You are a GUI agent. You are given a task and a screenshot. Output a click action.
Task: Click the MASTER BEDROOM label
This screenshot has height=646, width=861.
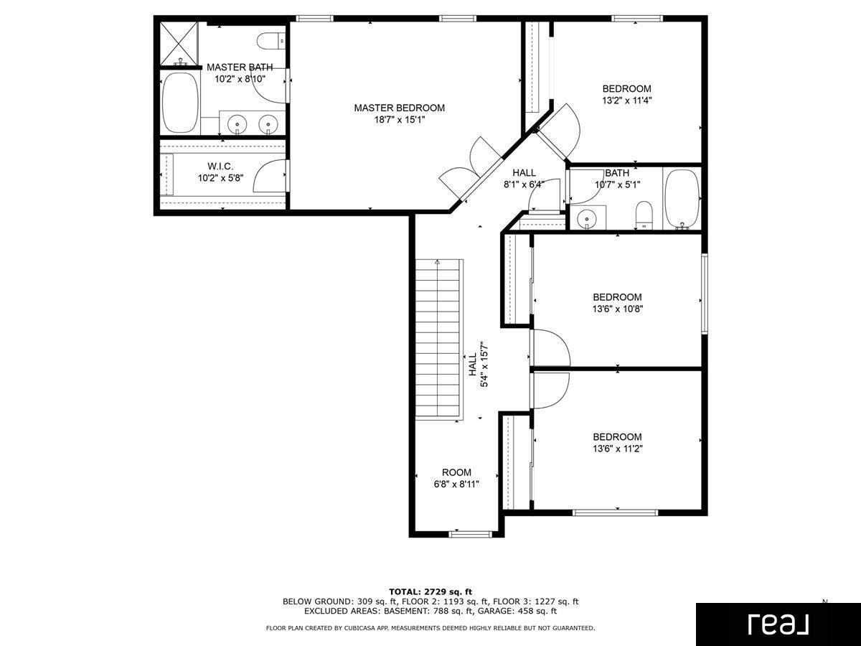pyautogui.click(x=399, y=108)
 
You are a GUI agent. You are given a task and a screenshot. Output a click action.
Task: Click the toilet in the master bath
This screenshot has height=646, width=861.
pyautogui.click(x=273, y=39)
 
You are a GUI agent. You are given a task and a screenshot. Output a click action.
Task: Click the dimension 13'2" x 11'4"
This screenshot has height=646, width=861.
pyautogui.click(x=626, y=101)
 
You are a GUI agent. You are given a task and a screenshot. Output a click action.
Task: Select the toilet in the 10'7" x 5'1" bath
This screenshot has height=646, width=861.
pyautogui.click(x=644, y=215)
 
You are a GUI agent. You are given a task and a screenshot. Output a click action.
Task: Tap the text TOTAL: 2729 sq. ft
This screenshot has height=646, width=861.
pyautogui.click(x=430, y=591)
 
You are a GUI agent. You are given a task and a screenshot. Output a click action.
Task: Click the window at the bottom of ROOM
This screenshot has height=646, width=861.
pyautogui.click(x=471, y=533)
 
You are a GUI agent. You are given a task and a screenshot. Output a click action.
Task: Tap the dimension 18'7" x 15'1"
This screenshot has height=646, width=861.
pyautogui.click(x=399, y=120)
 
